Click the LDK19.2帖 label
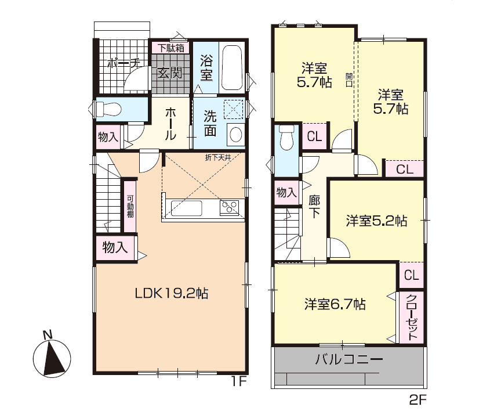click(x=172, y=293)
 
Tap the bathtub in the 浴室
click(x=233, y=68)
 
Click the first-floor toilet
click(x=108, y=109)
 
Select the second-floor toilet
click(x=286, y=137)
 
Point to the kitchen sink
click(x=186, y=208)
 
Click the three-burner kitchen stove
click(x=229, y=208)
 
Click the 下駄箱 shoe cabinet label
click(x=171, y=48)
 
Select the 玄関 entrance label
click(x=169, y=73)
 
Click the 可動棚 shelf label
click(x=130, y=206)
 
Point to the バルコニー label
click(x=349, y=359)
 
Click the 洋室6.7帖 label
click(x=335, y=304)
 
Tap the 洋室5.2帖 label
click(x=376, y=221)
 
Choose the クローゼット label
click(x=412, y=317)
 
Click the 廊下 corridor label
click(x=314, y=207)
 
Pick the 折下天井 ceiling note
click(x=218, y=158)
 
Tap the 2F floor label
click(x=417, y=400)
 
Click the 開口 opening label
click(x=349, y=80)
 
